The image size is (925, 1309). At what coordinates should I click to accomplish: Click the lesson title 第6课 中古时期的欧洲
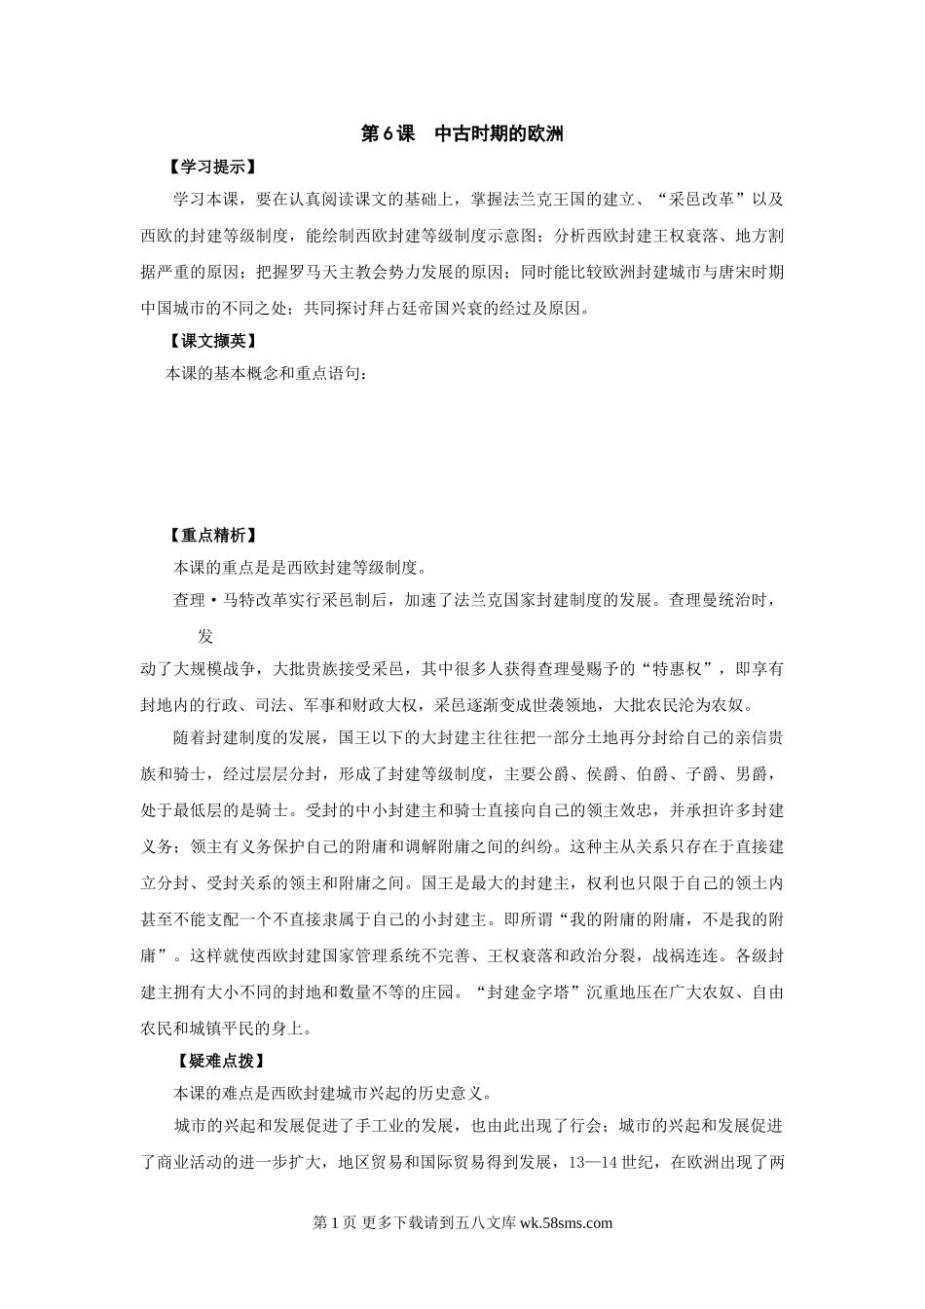pos(462,134)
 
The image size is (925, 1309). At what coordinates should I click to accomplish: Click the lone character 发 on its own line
pos(205,637)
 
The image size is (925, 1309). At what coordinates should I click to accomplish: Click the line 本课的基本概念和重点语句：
pos(266,373)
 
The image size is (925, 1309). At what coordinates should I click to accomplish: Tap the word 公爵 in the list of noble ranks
pos(564,774)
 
